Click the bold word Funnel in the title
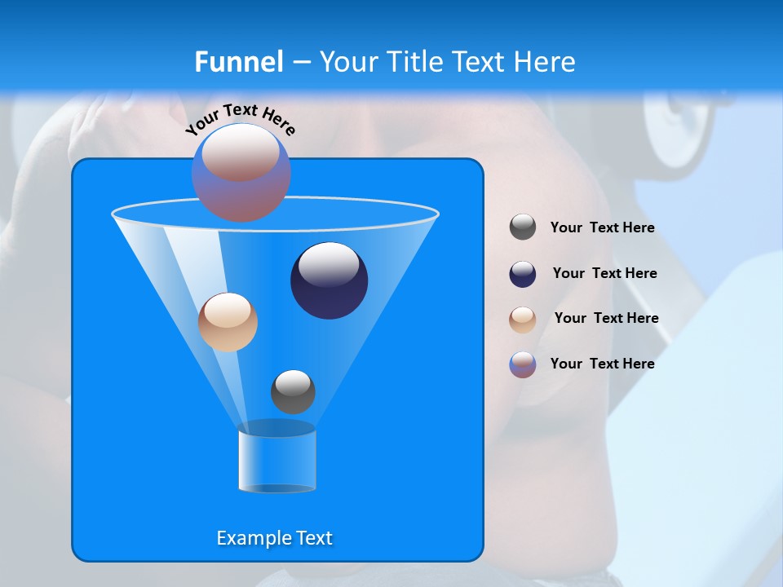tap(239, 62)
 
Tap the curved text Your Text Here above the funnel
tap(241, 119)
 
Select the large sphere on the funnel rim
tap(241, 172)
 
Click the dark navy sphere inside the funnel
tap(329, 280)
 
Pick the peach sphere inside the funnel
tap(228, 322)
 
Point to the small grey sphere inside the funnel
tap(293, 392)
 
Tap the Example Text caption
tap(275, 538)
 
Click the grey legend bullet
tap(523, 227)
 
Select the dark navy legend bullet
tap(523, 274)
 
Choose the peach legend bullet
tap(523, 320)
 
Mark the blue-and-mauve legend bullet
tap(523, 364)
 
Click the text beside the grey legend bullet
tap(602, 228)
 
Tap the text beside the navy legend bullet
tap(604, 273)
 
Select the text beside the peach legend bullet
tap(606, 318)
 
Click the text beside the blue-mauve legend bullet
tap(602, 364)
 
